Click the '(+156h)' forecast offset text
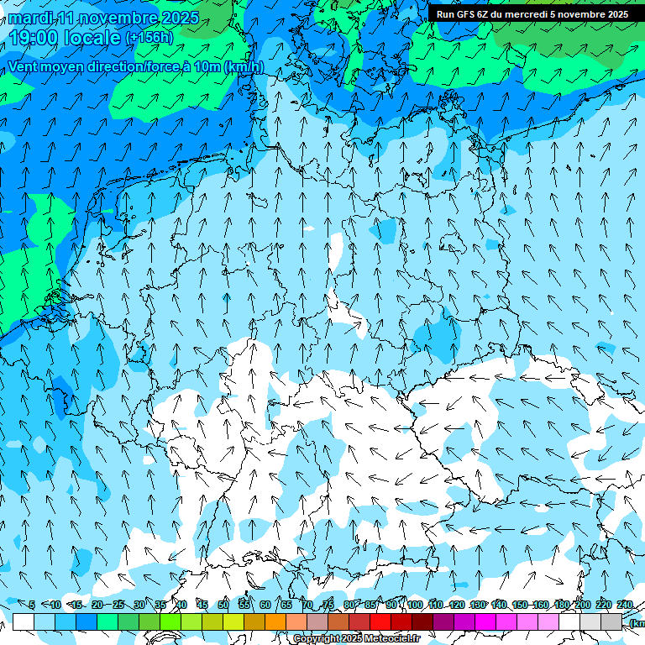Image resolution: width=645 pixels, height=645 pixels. [149, 38]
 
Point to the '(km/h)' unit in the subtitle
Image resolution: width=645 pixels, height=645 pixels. [244, 67]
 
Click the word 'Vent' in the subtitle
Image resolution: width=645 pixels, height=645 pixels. [24, 67]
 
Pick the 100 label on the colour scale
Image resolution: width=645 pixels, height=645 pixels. [414, 605]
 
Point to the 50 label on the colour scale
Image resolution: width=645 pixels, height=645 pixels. [223, 605]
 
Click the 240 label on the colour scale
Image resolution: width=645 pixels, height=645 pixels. [625, 605]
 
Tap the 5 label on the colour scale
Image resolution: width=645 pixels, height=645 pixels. [32, 605]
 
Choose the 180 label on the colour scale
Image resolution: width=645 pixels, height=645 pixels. [561, 605]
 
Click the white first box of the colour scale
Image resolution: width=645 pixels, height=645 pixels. [24, 621]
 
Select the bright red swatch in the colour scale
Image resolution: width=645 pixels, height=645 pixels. [380, 621]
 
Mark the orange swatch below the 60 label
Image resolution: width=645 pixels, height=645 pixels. [275, 621]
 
